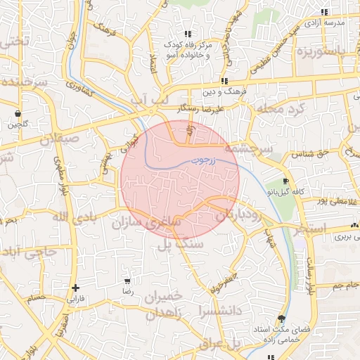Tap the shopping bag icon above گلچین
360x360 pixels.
(x=18, y=113)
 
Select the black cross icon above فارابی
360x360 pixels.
(x=75, y=288)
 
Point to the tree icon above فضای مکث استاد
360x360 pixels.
(x=282, y=319)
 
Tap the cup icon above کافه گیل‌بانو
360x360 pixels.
(x=284, y=181)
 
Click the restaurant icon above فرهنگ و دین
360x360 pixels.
(x=224, y=82)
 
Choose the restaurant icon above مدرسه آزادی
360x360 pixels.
(x=324, y=13)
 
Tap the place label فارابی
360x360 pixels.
(x=75, y=298)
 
